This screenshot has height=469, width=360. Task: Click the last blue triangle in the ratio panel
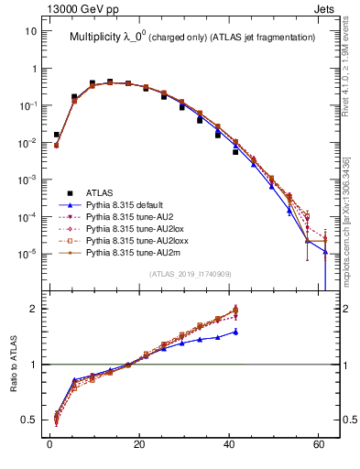[235, 332]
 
